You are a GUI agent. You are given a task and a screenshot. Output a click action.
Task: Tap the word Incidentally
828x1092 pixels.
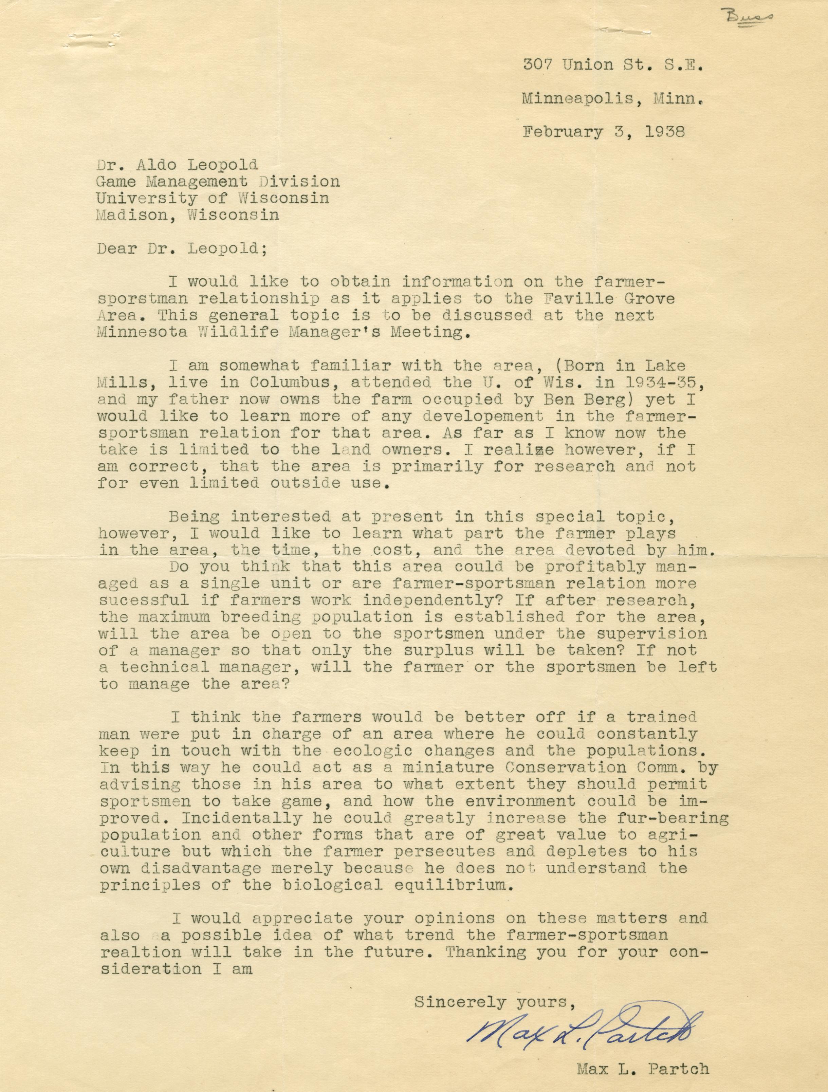point(241,818)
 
